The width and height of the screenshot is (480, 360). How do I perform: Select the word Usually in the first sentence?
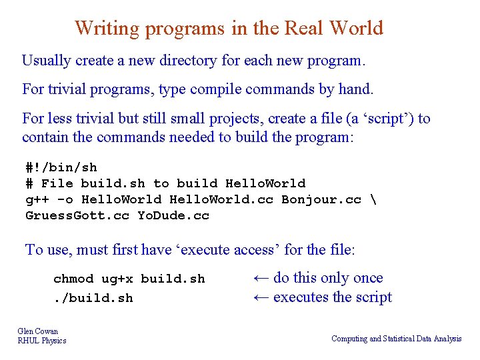pyautogui.click(x=47, y=61)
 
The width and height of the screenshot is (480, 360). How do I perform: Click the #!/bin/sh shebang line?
pyautogui.click(x=61, y=167)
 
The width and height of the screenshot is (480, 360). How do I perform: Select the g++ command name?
pyautogui.click(x=37, y=199)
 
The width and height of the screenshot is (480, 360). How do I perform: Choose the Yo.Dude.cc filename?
pyautogui.click(x=173, y=215)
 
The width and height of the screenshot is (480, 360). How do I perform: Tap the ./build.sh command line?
pyautogui.click(x=93, y=298)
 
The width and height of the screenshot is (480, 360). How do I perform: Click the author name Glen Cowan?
pyautogui.click(x=38, y=331)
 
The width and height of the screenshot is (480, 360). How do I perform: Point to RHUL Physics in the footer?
pyautogui.click(x=42, y=341)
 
